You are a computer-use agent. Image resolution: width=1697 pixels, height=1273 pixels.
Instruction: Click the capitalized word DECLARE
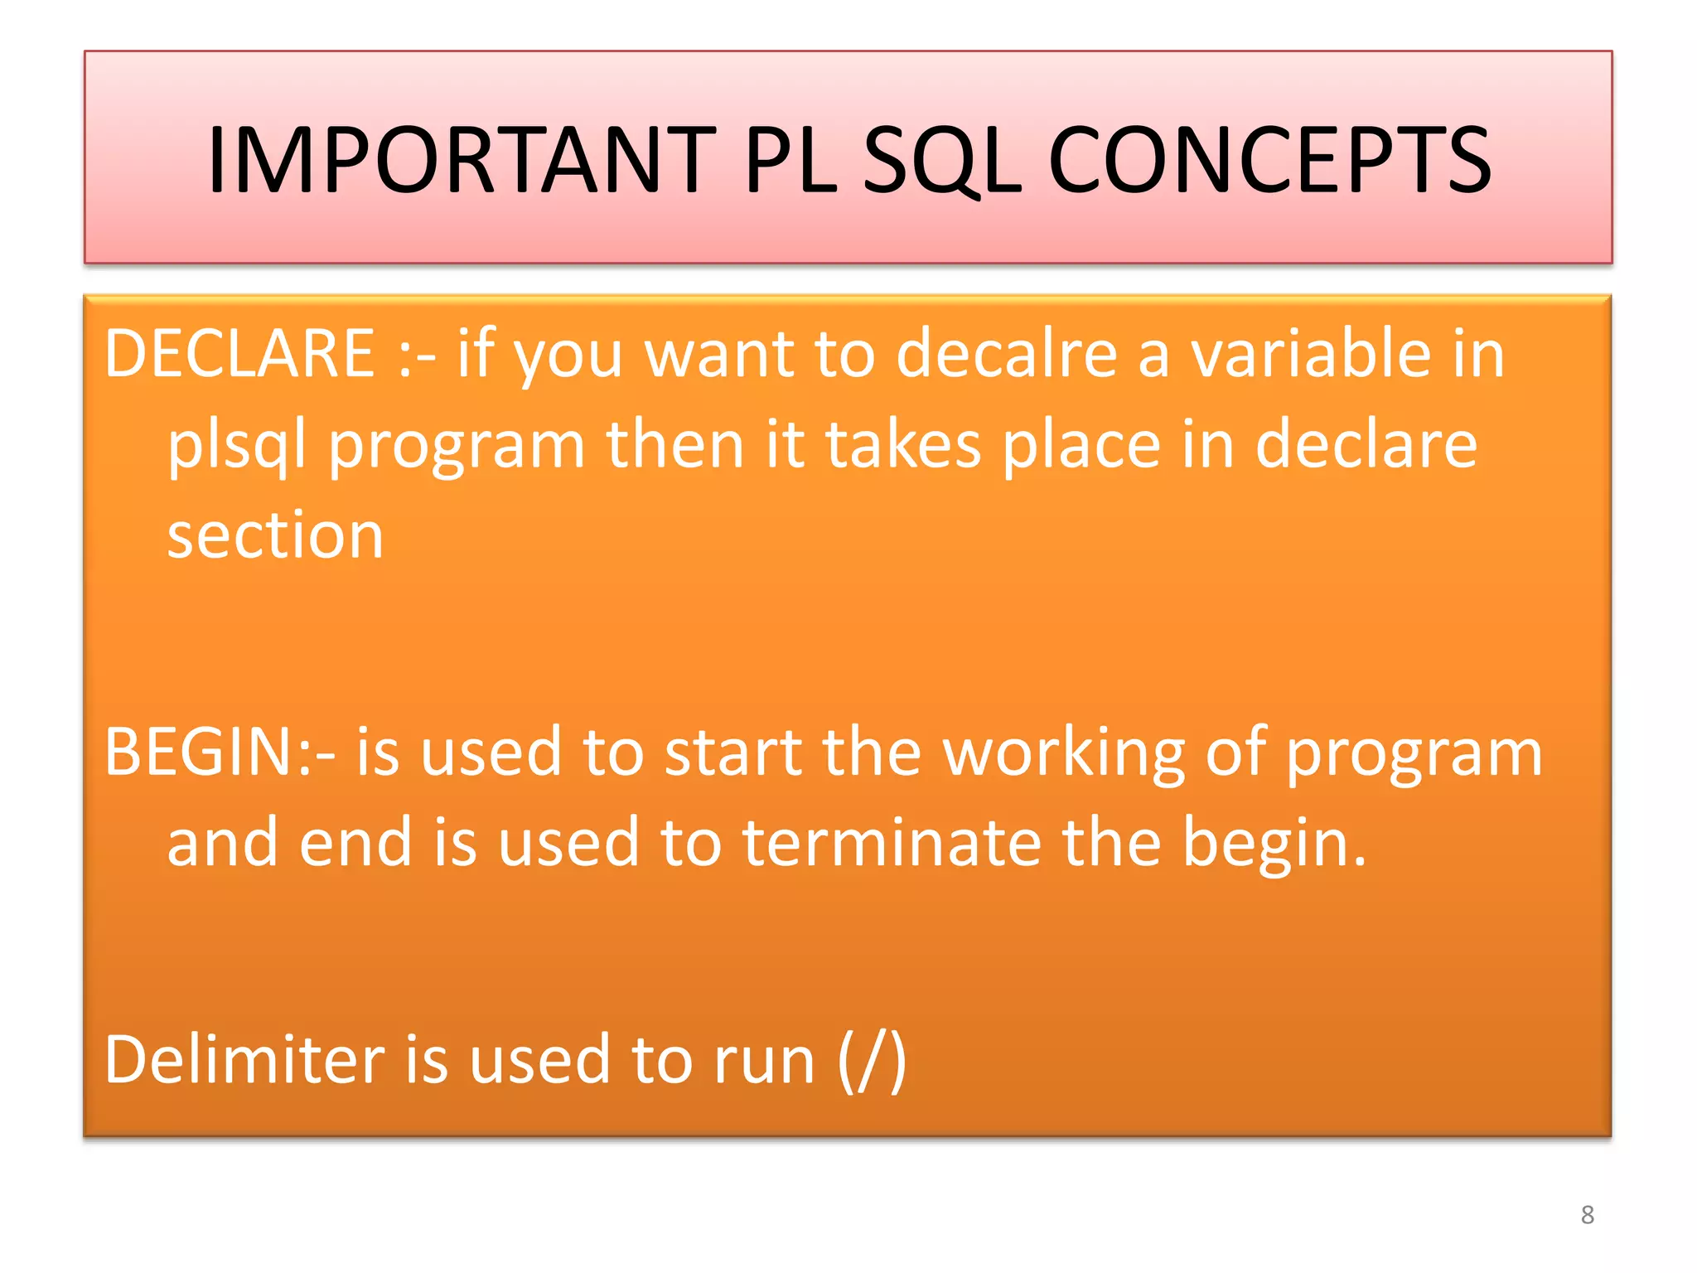[240, 354]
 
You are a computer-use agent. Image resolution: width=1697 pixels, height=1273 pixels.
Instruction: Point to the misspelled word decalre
[1006, 354]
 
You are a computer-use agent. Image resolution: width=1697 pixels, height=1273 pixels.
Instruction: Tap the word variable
[1310, 354]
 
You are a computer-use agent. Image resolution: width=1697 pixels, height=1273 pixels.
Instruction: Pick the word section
[275, 536]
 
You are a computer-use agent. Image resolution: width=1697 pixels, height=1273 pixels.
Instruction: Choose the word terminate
[891, 843]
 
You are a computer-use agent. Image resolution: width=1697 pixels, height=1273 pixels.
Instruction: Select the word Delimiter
[244, 1060]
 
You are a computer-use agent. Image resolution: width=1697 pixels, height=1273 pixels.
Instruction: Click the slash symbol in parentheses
[873, 1062]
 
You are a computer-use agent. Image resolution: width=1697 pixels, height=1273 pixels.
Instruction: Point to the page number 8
[1587, 1215]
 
